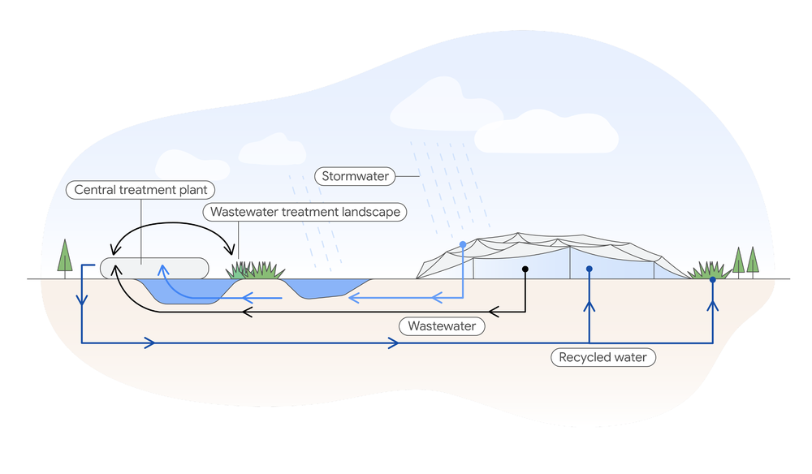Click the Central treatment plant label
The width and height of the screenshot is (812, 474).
140,191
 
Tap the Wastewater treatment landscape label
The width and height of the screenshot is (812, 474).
304,213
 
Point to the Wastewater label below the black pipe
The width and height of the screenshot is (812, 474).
442,326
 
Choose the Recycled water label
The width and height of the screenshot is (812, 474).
603,357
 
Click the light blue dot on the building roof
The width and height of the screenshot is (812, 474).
463,244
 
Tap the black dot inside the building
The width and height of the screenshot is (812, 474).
525,269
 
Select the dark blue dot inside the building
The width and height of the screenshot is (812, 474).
590,269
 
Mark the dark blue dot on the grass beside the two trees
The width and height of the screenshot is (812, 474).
713,280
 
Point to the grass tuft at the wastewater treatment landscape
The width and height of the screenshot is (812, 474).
255,270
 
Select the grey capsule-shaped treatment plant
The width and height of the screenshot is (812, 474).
154,268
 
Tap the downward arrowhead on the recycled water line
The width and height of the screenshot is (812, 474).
82,301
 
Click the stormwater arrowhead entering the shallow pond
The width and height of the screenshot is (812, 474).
354,299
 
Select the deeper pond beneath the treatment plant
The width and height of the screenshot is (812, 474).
183,291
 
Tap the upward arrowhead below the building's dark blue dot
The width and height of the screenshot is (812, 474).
590,306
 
